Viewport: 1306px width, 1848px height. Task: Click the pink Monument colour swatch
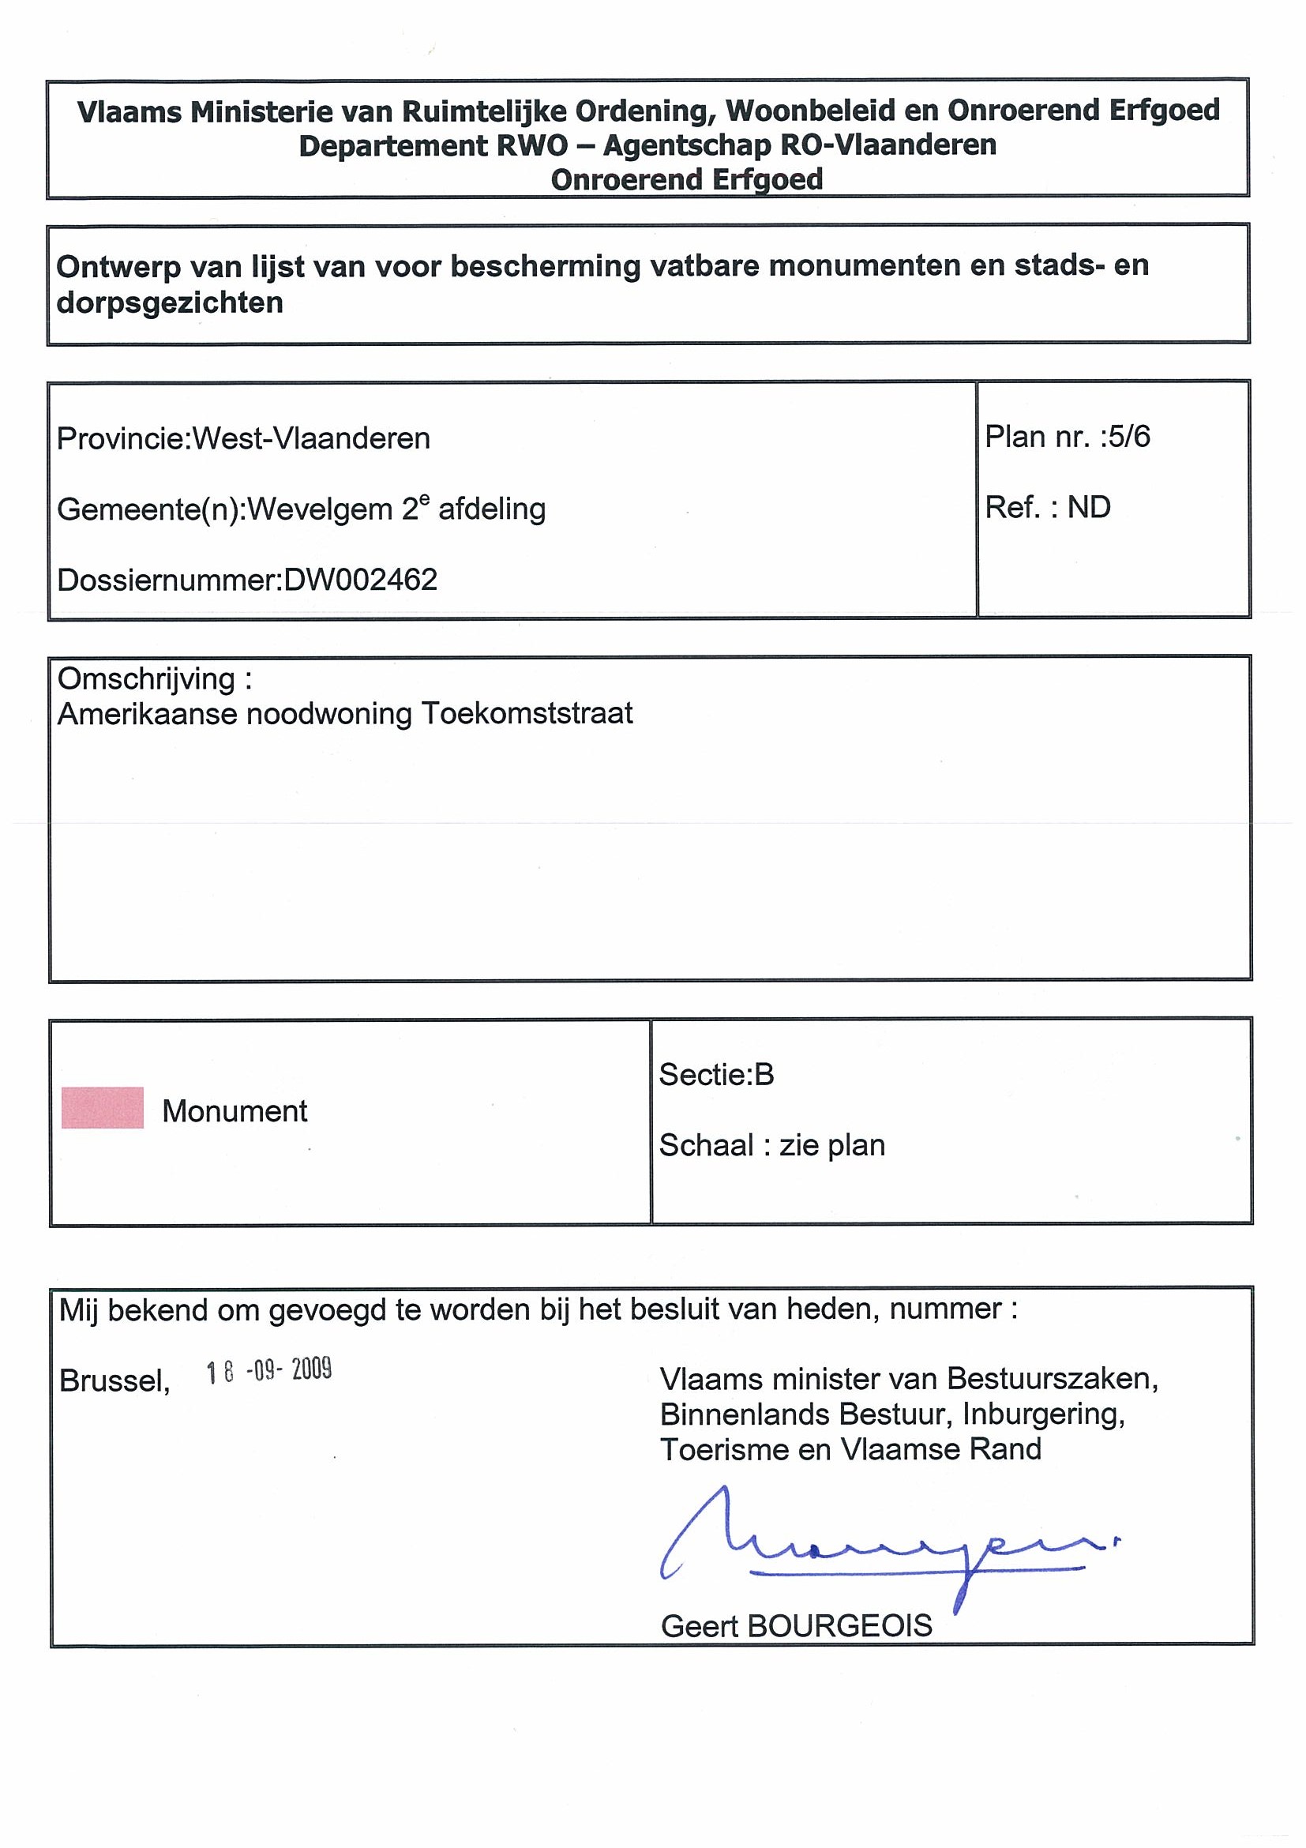[102, 1107]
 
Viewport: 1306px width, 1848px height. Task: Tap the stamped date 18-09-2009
[268, 1371]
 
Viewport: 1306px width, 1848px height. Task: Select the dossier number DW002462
[360, 580]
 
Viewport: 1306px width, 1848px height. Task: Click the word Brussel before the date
[114, 1381]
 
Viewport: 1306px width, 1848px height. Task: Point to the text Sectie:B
[716, 1075]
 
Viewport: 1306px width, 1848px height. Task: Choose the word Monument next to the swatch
[235, 1111]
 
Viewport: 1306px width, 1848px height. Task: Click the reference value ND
[1089, 508]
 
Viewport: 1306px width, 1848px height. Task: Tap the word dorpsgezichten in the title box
[170, 303]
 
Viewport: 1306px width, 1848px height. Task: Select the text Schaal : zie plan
[771, 1145]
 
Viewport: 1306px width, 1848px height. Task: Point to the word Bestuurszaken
[1052, 1380]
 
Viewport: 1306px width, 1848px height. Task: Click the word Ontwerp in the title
[118, 267]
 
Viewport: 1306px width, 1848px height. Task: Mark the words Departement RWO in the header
[433, 145]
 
